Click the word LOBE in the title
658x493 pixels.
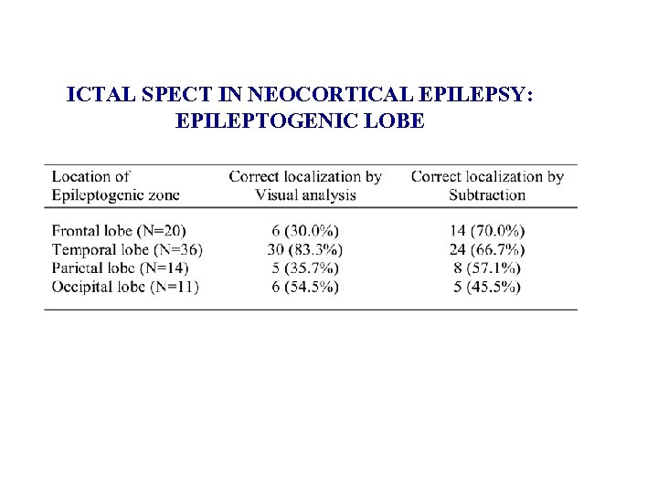(x=395, y=121)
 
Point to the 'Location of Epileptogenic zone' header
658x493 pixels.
(x=115, y=185)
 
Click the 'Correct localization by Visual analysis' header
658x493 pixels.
(x=305, y=185)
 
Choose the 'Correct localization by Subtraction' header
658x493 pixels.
(x=487, y=185)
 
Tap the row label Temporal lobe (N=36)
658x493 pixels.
(x=127, y=249)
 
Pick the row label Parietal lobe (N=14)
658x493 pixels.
(x=120, y=267)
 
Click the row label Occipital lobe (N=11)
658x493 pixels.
(x=125, y=287)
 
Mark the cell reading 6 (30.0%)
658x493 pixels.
(x=305, y=231)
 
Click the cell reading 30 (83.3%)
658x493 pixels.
(x=305, y=249)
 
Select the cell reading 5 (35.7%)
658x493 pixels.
(x=305, y=267)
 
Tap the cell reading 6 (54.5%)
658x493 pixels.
(x=305, y=287)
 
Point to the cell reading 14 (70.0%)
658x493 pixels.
(x=487, y=231)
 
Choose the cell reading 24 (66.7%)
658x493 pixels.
(x=487, y=249)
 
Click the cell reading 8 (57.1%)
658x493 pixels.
(x=487, y=267)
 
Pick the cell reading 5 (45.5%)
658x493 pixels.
(x=487, y=287)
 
